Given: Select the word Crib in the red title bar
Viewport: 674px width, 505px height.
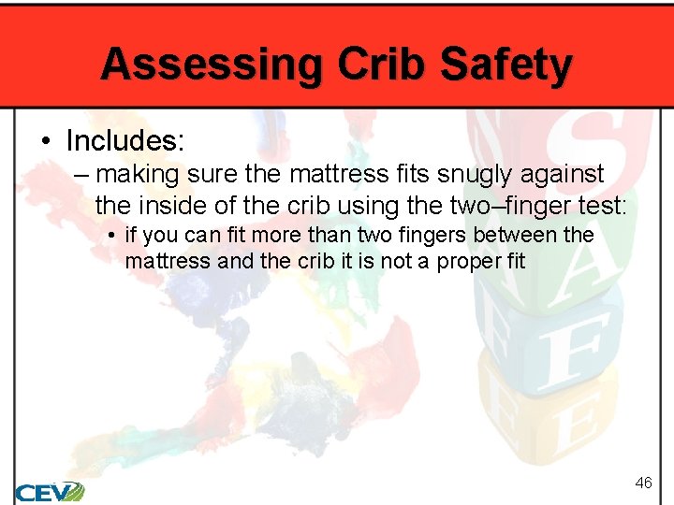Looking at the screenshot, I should [372, 65].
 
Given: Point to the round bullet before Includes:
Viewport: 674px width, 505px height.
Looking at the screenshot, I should [45, 141].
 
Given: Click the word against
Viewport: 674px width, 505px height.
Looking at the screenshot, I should [558, 174].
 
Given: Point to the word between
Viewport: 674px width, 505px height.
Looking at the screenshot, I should [505, 235].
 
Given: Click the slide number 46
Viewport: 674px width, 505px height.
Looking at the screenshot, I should [643, 483].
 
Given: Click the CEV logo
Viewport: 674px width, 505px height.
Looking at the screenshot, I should [49, 490].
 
